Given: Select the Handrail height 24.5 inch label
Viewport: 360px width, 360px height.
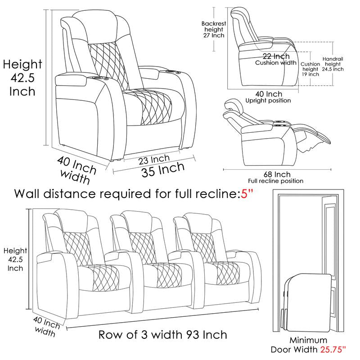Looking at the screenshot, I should click(333, 64).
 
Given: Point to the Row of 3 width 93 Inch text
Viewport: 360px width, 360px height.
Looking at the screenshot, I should click(162, 335).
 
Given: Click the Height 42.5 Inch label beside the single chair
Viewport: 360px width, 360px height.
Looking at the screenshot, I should click(22, 78).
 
